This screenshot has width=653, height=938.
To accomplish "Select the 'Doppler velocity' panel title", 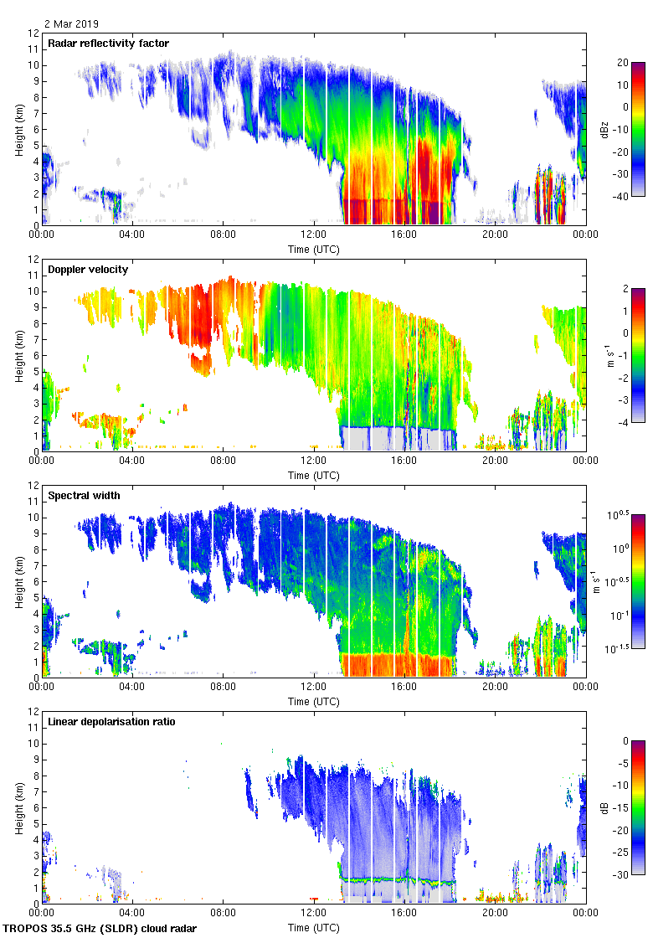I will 84,270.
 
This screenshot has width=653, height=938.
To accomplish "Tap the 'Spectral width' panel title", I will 84,496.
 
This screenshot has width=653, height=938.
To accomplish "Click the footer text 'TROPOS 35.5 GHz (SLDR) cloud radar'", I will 100,929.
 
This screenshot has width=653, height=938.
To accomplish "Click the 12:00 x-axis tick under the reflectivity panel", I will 314,235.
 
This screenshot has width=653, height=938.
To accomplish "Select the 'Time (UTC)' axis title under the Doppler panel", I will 314,475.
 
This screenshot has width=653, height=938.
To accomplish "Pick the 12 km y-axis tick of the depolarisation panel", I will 33,712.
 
